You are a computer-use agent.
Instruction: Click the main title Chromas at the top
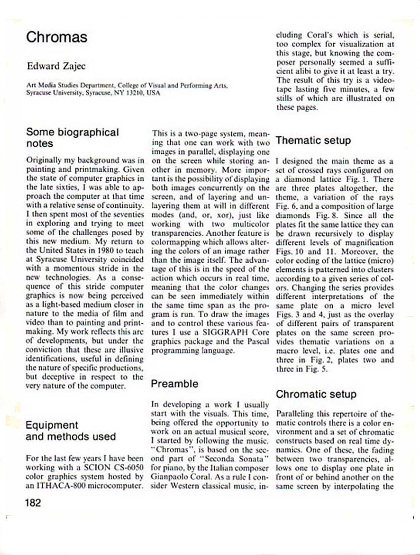pos(56,37)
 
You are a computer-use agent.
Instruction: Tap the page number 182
pos(33,503)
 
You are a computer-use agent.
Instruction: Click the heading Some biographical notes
pos(72,138)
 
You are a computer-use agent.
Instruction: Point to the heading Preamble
pos(174,384)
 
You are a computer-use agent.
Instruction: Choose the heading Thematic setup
pos(313,140)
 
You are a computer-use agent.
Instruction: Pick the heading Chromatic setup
pos(316,394)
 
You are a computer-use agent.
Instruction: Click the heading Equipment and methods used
pos(71,431)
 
